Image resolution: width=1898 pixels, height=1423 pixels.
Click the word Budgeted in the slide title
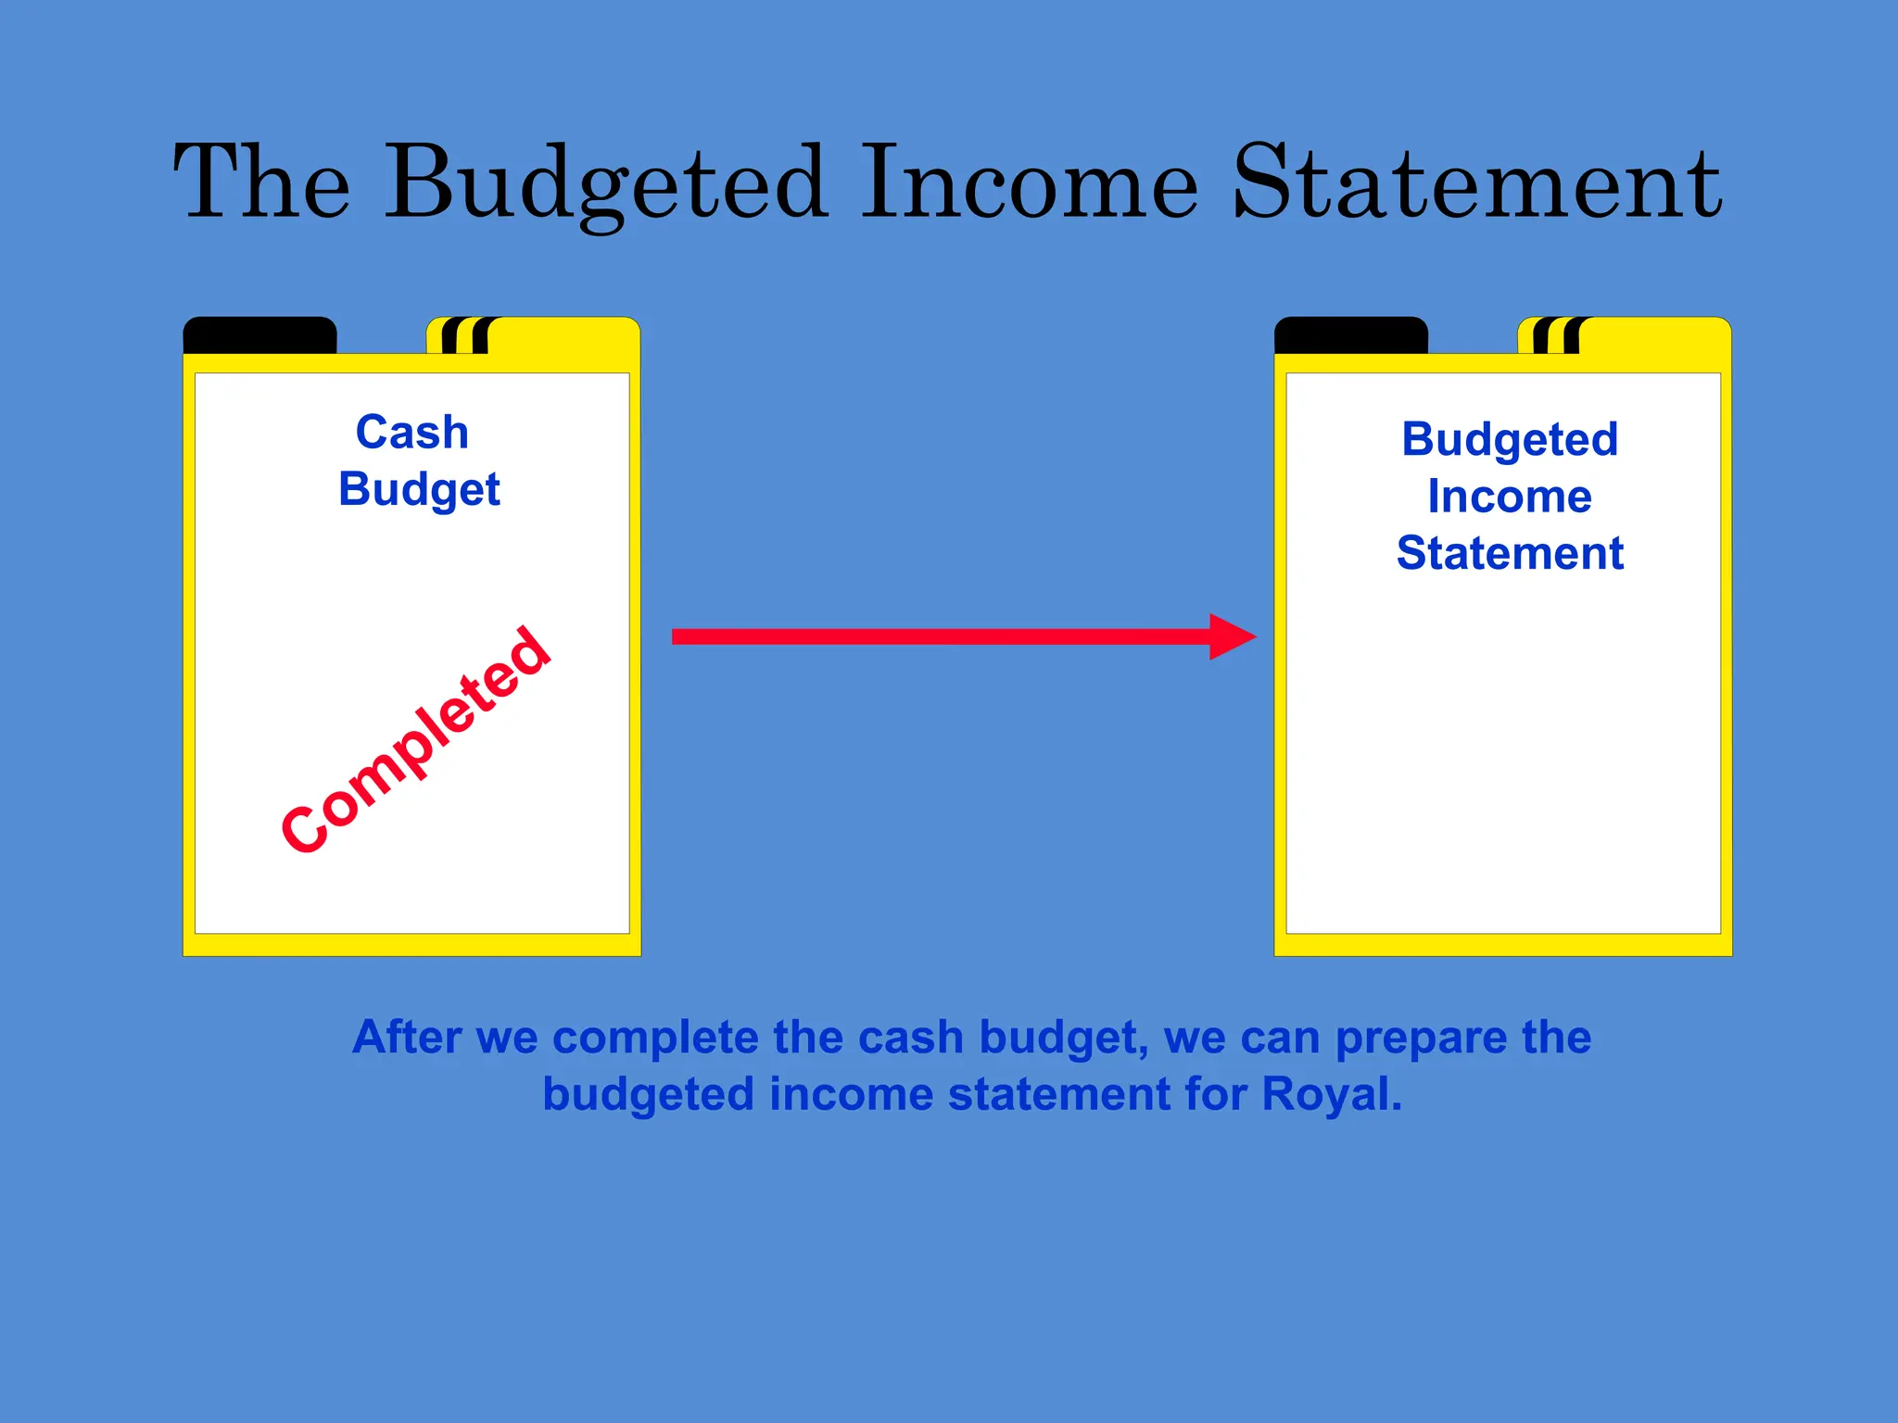pos(606,183)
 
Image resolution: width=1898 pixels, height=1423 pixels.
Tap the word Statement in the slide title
pos(1477,183)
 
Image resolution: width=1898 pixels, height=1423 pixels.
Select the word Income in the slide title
pos(1030,183)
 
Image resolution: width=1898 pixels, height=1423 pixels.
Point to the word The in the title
pos(262,183)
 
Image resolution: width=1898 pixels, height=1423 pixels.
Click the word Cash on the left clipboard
pos(412,433)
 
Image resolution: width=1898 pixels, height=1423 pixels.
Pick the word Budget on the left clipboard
pos(419,490)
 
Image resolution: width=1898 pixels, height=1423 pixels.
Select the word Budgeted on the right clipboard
pos(1510,439)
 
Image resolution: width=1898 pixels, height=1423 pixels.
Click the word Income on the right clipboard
pos(1510,497)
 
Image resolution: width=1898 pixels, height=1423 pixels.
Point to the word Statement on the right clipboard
pos(1510,553)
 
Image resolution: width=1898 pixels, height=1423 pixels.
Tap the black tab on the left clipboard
pos(259,335)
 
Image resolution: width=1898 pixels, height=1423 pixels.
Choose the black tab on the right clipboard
pos(1350,335)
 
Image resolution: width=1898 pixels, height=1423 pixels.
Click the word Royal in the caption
pos(1331,1094)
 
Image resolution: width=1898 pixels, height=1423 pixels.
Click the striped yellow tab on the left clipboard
pos(533,335)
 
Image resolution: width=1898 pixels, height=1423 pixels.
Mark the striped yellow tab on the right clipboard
pos(1624,335)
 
